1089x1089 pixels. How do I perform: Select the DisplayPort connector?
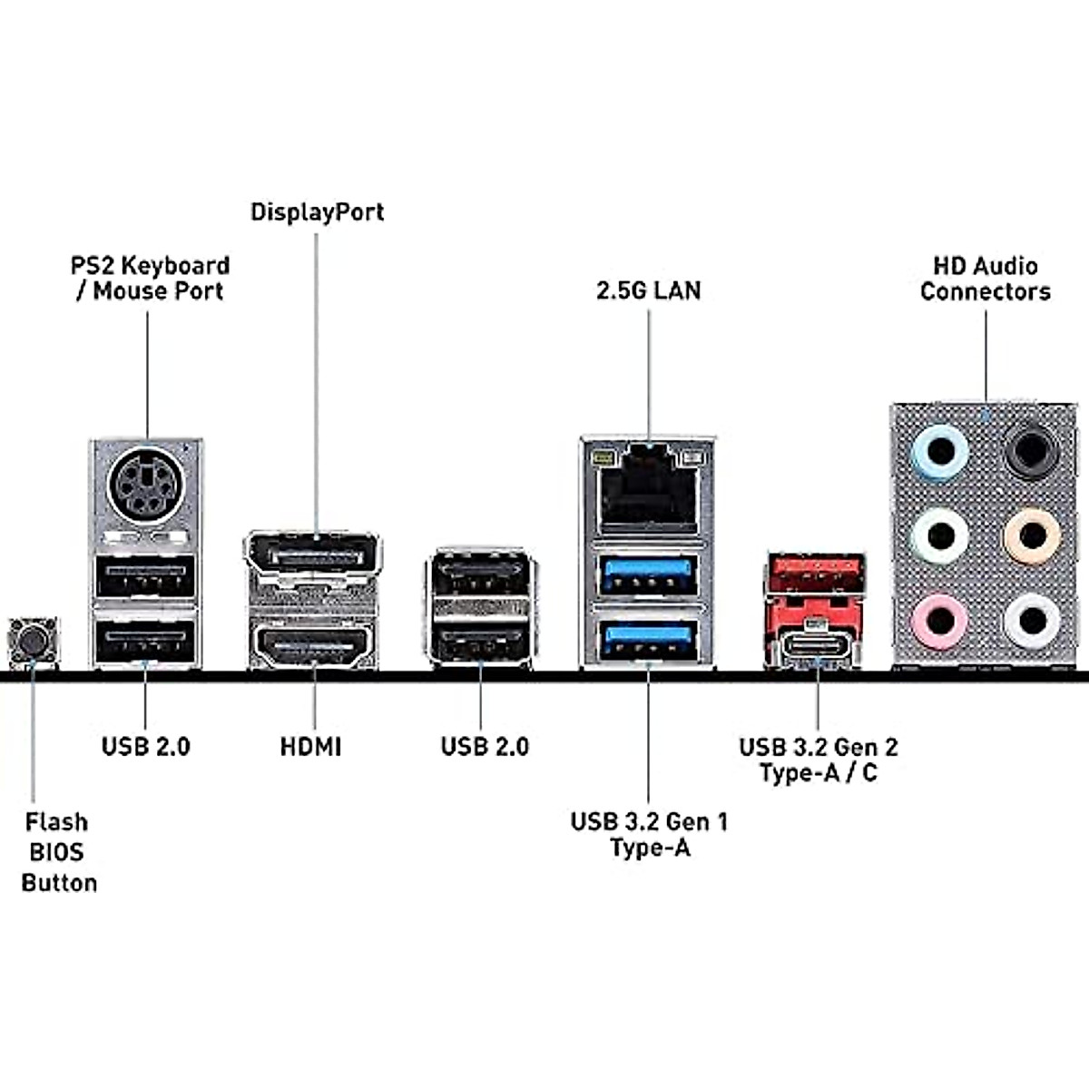(x=313, y=554)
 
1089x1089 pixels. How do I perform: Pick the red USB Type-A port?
(x=815, y=573)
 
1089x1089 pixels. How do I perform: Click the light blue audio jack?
(x=940, y=451)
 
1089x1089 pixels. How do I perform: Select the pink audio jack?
(x=940, y=622)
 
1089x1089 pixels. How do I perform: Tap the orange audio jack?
(x=1032, y=536)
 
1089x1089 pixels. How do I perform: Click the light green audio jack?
(x=940, y=536)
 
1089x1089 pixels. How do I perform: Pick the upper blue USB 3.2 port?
(x=648, y=574)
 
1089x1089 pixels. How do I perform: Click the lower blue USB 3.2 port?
(x=648, y=639)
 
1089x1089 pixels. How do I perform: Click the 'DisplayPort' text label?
(x=318, y=212)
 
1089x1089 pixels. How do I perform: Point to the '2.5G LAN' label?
(x=649, y=290)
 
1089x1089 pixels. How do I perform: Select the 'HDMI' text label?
(x=311, y=747)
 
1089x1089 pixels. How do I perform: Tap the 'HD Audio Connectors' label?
(x=986, y=279)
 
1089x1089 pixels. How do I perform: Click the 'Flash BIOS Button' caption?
(x=58, y=852)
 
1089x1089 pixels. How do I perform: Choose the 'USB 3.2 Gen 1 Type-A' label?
(x=649, y=834)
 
